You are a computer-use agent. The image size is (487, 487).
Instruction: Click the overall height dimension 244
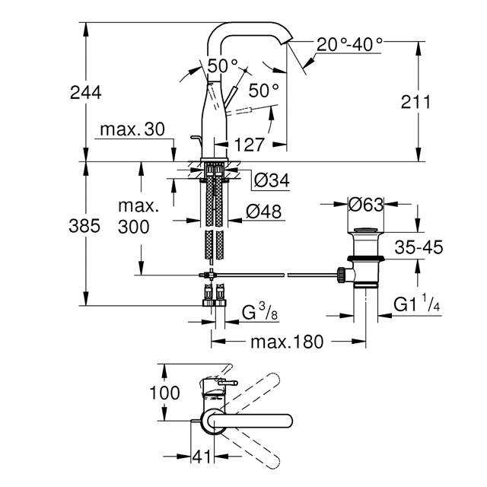pos(86,93)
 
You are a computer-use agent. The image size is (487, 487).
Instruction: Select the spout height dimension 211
pos(416,102)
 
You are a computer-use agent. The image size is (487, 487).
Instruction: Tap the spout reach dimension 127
pos(250,145)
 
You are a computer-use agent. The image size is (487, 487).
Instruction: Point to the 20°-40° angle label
pos(350,44)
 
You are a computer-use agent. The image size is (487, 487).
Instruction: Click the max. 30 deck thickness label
pos(132,129)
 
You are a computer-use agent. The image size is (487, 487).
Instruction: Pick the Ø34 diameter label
pos(272,180)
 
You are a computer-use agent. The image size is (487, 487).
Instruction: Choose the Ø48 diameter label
pos(264,212)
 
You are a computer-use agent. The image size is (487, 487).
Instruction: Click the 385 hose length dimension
pos(84,225)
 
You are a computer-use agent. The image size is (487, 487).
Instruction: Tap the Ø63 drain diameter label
pos(366,205)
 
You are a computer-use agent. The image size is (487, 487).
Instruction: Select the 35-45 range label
pos(419,247)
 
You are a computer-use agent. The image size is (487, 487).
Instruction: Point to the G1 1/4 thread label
pos(417,304)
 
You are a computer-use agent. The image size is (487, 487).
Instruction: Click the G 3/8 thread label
pos(259,312)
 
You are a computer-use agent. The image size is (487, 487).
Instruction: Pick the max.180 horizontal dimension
pos(287,342)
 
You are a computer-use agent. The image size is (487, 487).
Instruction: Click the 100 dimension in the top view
pos(164,393)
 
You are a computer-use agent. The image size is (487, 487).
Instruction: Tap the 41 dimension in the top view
pos(202,457)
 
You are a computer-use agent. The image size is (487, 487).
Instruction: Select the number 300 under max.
pos(134,227)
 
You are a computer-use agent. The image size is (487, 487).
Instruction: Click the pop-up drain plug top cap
pos(365,230)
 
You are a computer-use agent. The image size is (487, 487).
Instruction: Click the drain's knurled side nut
pos(341,274)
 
